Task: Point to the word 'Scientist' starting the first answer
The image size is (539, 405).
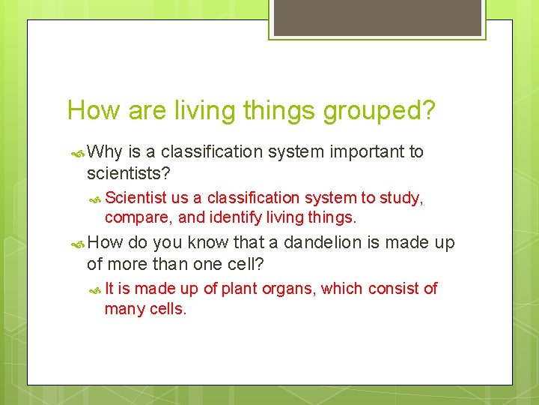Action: point(135,198)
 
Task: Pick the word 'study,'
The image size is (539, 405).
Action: point(401,198)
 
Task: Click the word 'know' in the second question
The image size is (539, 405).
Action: point(209,243)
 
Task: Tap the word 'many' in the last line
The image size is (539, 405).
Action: point(123,309)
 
